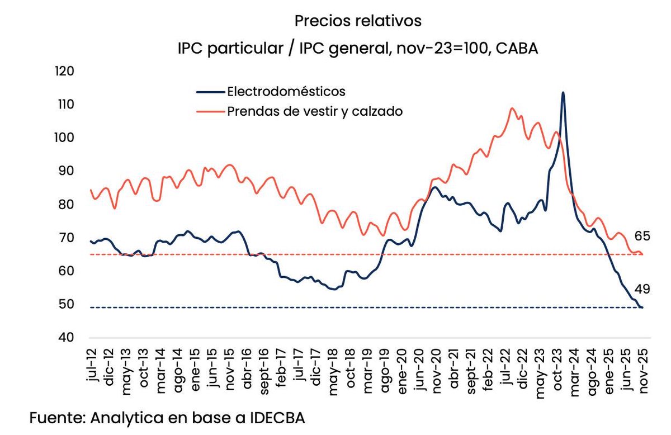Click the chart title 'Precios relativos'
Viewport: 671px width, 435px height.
pyautogui.click(x=358, y=22)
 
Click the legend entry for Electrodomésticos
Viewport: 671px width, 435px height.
pyautogui.click(x=286, y=91)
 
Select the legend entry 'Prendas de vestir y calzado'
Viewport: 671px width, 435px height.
pyautogui.click(x=315, y=111)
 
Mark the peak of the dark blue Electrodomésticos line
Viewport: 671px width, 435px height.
pyautogui.click(x=563, y=93)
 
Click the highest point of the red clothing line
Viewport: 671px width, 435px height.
pyautogui.click(x=512, y=108)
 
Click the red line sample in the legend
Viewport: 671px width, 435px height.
pyautogui.click(x=210, y=111)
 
